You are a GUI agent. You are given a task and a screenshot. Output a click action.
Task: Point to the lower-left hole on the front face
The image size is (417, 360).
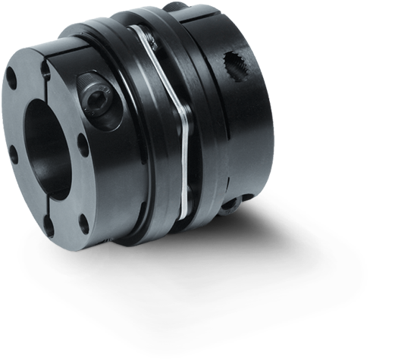pos(13,156)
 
